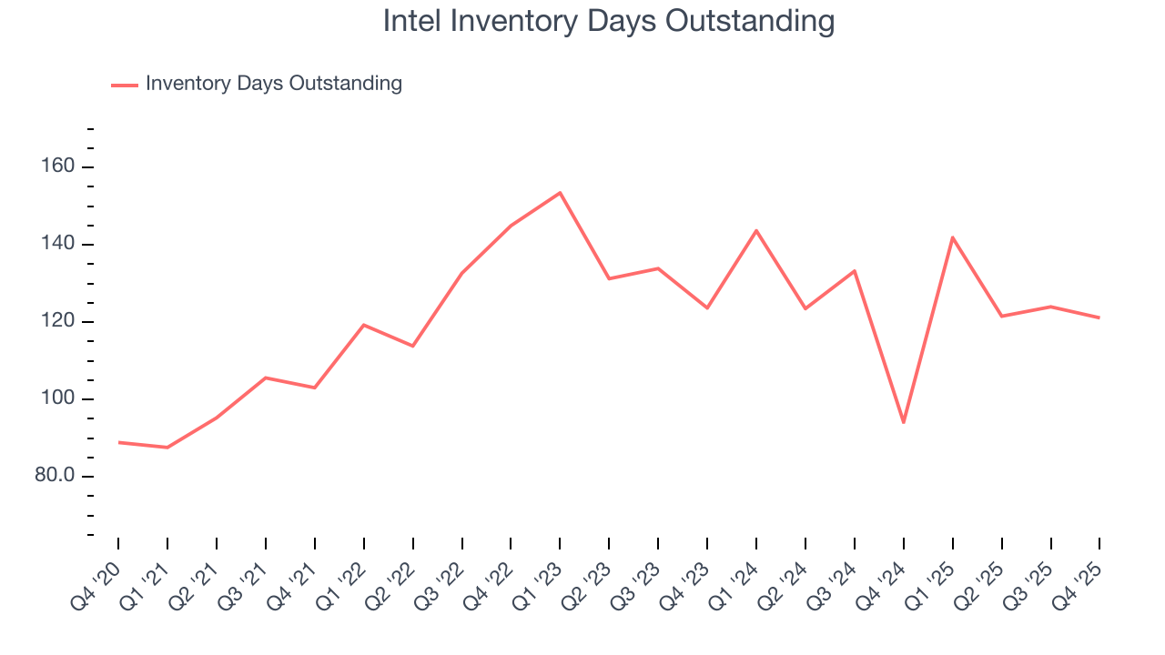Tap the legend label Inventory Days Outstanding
point(273,84)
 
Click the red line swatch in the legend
point(124,85)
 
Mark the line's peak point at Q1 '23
point(560,192)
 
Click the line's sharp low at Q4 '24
point(903,422)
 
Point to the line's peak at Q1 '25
point(952,237)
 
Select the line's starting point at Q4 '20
point(118,442)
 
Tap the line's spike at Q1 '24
point(756,230)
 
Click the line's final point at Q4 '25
point(1099,317)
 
